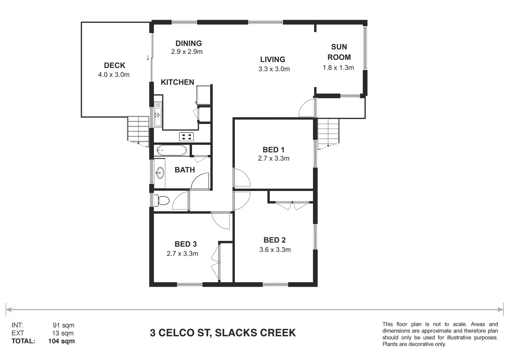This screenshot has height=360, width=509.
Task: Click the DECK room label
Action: point(114,65)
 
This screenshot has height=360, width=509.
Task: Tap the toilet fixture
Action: point(163,200)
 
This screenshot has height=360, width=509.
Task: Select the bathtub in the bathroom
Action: point(171,150)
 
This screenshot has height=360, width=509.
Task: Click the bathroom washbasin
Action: point(160,173)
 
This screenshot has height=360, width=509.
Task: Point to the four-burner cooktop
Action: point(187,136)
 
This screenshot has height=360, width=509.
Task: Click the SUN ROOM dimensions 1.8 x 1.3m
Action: point(338,68)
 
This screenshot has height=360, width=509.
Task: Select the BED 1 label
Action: point(273,150)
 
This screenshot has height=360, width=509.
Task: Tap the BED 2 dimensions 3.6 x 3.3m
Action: point(275,250)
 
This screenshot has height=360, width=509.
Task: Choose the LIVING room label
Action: point(272,59)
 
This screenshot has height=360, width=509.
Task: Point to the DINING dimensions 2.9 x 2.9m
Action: point(187,52)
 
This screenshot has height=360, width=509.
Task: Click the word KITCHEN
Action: point(177,82)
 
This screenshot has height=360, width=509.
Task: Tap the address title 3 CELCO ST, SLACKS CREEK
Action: point(223,333)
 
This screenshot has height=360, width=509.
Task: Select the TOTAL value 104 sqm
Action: point(62,341)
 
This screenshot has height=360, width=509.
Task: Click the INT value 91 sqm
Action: point(63,325)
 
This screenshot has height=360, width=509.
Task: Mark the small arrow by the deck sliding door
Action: point(148,58)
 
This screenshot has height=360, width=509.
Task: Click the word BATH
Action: point(185,170)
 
